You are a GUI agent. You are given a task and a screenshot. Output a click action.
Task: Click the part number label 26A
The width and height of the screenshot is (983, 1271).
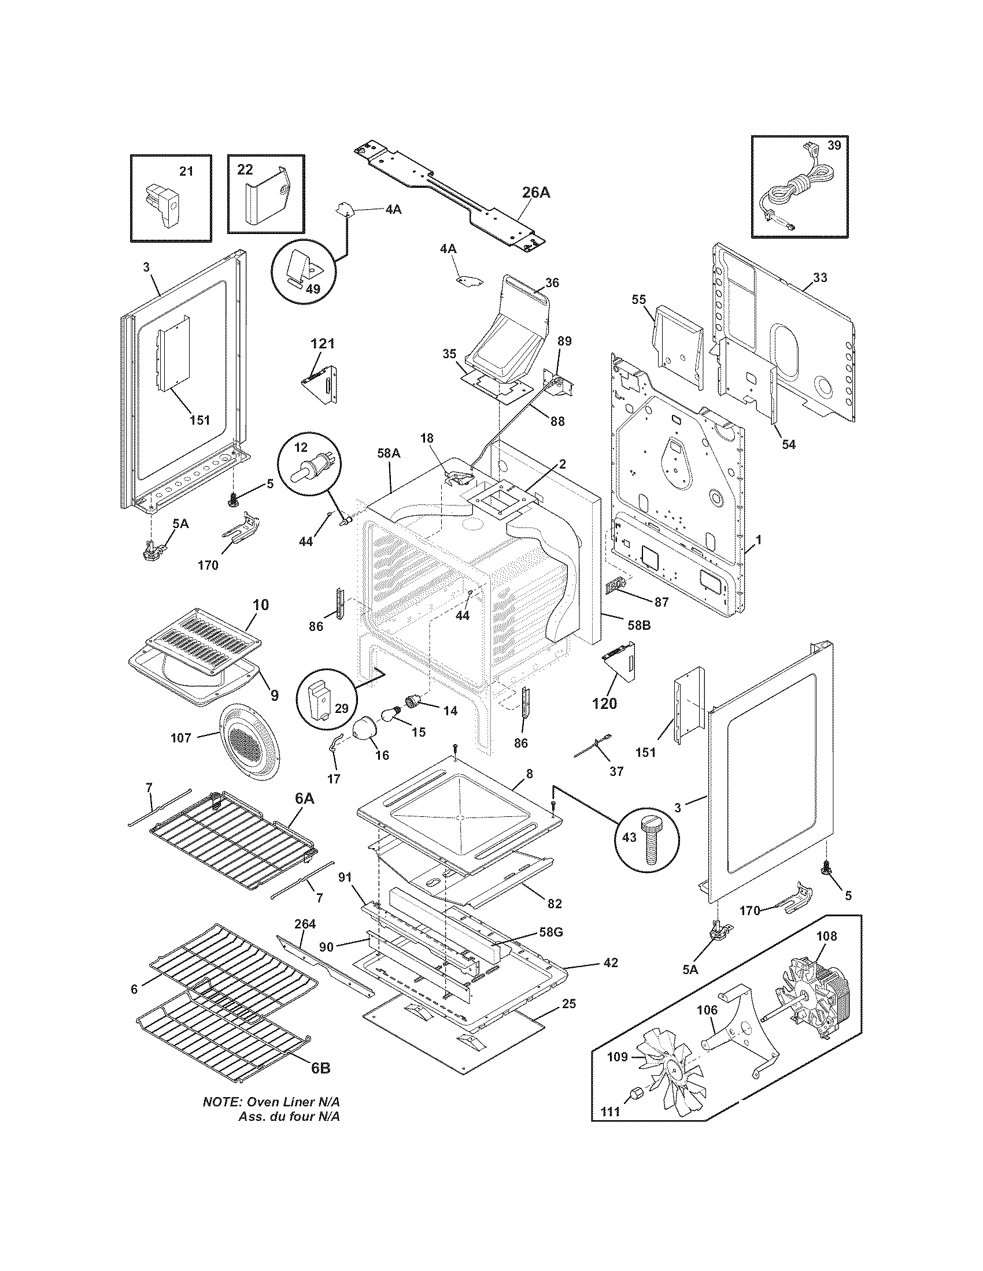point(535,192)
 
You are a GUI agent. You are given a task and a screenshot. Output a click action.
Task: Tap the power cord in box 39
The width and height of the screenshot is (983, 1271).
point(796,192)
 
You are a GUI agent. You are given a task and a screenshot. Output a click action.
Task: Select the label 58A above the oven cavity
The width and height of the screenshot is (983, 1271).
point(389,453)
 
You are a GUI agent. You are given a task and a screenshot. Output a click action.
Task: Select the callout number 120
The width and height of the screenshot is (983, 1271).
point(604,704)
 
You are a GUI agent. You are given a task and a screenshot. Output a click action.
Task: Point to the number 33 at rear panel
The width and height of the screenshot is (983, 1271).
point(819,277)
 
